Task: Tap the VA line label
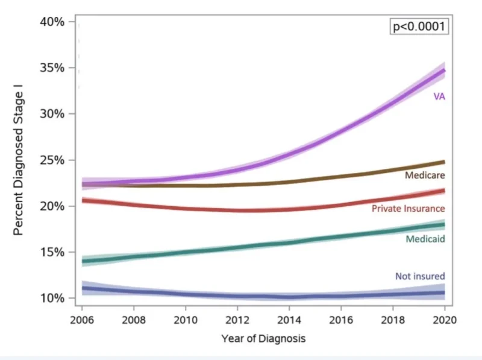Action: [x=439, y=96]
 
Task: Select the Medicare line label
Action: [x=425, y=175]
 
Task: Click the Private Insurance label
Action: [x=408, y=209]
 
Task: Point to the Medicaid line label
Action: [x=425, y=239]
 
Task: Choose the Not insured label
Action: [x=420, y=277]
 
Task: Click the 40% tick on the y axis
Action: [x=52, y=22]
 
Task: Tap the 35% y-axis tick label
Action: [x=52, y=68]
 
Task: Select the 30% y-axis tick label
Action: [x=52, y=114]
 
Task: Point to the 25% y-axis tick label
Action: [x=52, y=160]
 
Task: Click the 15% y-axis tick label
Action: [x=52, y=252]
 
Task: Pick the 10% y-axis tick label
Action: [x=52, y=298]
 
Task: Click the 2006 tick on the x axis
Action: [x=83, y=319]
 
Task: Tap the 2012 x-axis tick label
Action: [x=237, y=319]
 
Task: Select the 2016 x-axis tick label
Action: [x=341, y=319]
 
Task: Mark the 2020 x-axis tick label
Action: [x=444, y=319]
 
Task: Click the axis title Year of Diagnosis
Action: [x=263, y=339]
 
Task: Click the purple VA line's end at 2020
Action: [x=444, y=71]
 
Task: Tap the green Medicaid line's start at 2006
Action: [x=83, y=261]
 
